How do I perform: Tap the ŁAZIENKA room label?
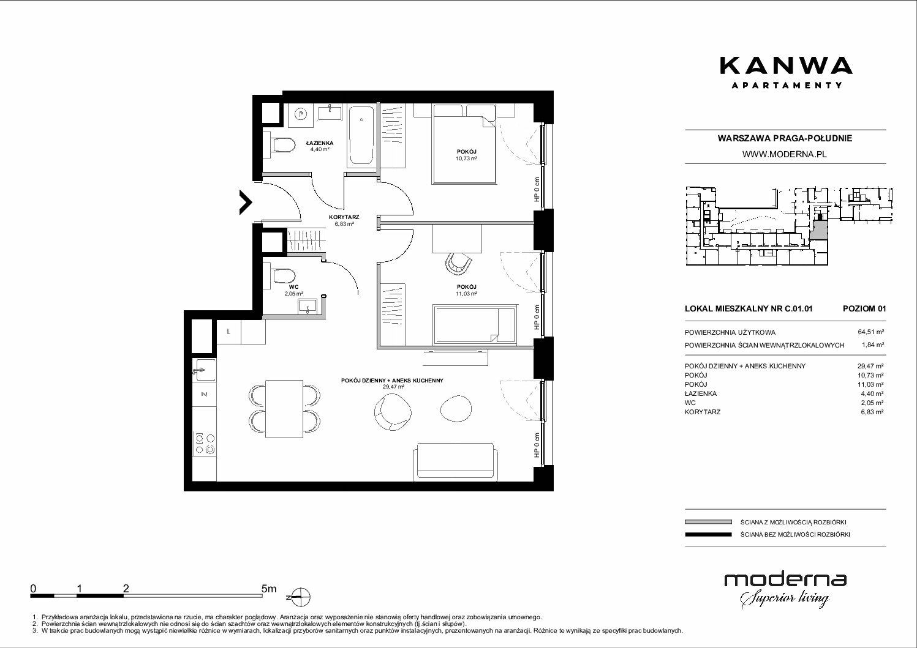320,143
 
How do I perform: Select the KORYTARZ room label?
344,217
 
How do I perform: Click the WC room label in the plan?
293,287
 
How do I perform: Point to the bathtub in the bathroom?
361,136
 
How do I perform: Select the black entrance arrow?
246,203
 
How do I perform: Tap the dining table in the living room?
284,409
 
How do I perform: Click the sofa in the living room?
456,461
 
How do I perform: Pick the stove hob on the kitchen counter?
205,444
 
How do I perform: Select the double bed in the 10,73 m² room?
464,144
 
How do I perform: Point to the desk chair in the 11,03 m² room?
458,264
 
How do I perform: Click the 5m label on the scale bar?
269,588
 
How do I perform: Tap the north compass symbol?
300,597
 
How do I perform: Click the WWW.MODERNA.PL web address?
784,154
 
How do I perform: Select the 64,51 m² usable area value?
870,332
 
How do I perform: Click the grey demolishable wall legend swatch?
708,522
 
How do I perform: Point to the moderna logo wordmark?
785,580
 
